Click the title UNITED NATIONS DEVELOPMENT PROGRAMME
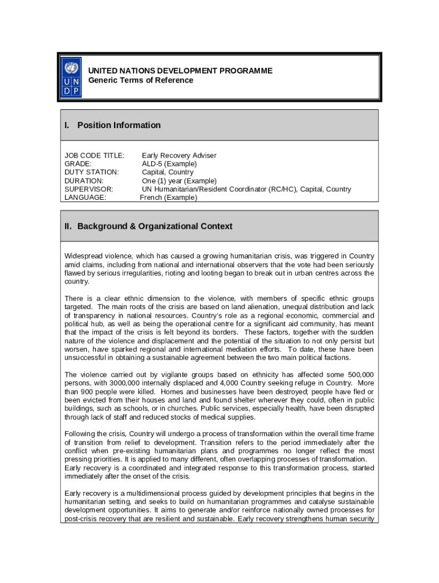coord(180,71)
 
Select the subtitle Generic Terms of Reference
coord(140,80)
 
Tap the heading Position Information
coord(119,125)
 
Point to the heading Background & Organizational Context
coord(155,226)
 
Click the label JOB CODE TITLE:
coord(94,155)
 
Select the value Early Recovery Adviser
coord(179,155)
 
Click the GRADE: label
coord(78,164)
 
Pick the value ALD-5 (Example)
coord(169,164)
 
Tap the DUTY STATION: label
coord(92,172)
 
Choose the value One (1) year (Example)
coord(179,180)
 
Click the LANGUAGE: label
coord(85,198)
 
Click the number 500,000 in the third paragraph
coord(359,375)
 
